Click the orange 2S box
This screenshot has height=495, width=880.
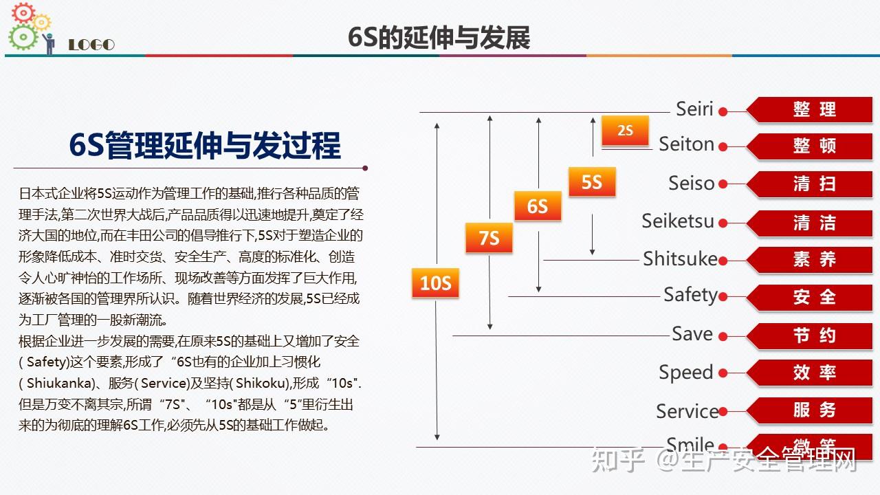coord(625,131)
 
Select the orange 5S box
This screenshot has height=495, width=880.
coord(591,182)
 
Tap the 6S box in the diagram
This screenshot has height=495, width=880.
coord(538,206)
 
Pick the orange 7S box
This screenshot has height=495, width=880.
coord(489,239)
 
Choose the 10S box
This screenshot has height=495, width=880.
coord(435,283)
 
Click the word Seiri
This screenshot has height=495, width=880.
coord(694,109)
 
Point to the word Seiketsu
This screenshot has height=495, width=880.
coord(678,221)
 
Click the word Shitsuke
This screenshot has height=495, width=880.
coord(680,259)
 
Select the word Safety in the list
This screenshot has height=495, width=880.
coord(690,296)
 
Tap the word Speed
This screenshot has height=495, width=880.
coord(685,373)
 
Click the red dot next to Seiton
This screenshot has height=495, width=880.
coord(723,146)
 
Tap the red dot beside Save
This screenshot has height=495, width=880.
coord(723,336)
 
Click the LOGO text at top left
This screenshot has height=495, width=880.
coord(91,45)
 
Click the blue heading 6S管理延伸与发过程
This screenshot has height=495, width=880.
coord(205,145)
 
